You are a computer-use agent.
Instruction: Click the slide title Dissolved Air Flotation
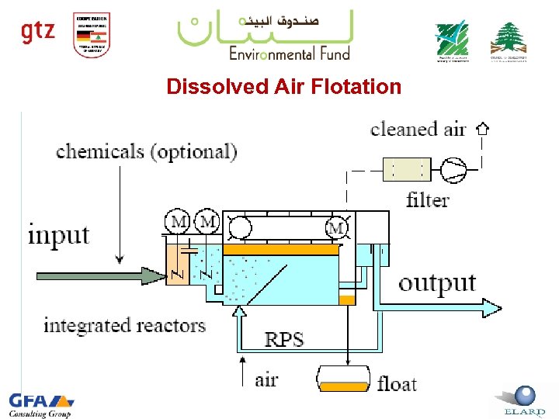pyautogui.click(x=283, y=86)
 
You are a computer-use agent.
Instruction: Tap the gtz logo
pyautogui.click(x=38, y=31)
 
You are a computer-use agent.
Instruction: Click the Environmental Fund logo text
pyautogui.click(x=289, y=53)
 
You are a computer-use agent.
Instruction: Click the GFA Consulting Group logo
pyautogui.click(x=40, y=404)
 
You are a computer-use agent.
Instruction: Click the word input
pyautogui.click(x=59, y=234)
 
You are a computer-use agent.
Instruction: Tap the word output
pyautogui.click(x=437, y=283)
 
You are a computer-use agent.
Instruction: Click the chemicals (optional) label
pyautogui.click(x=146, y=151)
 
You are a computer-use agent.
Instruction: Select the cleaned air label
pyautogui.click(x=418, y=129)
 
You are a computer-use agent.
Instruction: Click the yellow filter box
pyautogui.click(x=406, y=169)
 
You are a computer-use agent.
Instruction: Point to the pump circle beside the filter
pyautogui.click(x=452, y=169)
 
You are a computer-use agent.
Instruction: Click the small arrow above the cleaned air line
pyautogui.click(x=482, y=128)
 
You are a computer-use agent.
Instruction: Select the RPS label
pyautogui.click(x=284, y=339)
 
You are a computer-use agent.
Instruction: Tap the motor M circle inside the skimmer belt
pyautogui.click(x=336, y=228)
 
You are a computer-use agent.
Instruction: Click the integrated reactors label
pyautogui.click(x=124, y=324)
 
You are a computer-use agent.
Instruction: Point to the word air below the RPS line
pyautogui.click(x=266, y=379)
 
